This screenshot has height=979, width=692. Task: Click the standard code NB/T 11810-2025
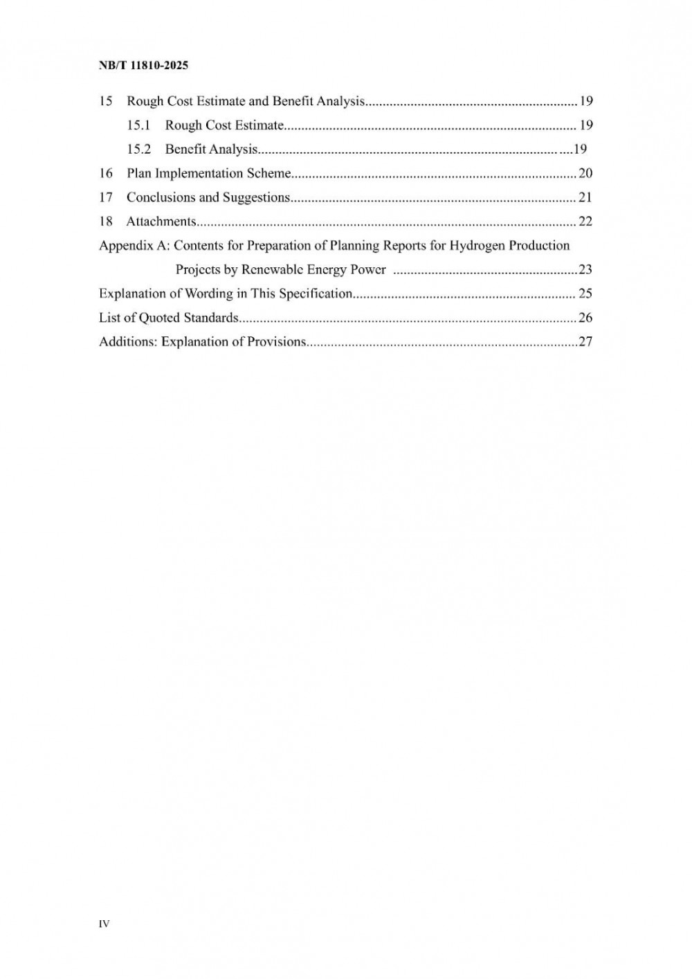[x=143, y=66]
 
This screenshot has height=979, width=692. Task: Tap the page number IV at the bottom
[x=104, y=924]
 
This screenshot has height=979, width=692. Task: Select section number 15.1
[x=138, y=125]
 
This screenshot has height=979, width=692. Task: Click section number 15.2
[x=138, y=150]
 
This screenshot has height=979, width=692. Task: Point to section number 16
[x=106, y=173]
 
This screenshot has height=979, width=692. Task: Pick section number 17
[x=106, y=197]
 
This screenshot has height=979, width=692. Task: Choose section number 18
[x=106, y=222]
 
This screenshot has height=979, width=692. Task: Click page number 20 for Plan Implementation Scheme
[x=585, y=173]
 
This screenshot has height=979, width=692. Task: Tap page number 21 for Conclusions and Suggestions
[x=585, y=197]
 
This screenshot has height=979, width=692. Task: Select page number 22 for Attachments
[x=585, y=222]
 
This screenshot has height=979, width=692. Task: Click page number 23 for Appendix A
[x=585, y=269]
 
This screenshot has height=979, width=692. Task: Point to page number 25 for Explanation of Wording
[x=585, y=294]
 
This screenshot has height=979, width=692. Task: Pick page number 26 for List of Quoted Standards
[x=585, y=318]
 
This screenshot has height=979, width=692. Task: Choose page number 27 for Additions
[x=585, y=341]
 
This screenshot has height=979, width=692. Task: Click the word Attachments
[x=161, y=222]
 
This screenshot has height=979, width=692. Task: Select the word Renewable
[x=268, y=269]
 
